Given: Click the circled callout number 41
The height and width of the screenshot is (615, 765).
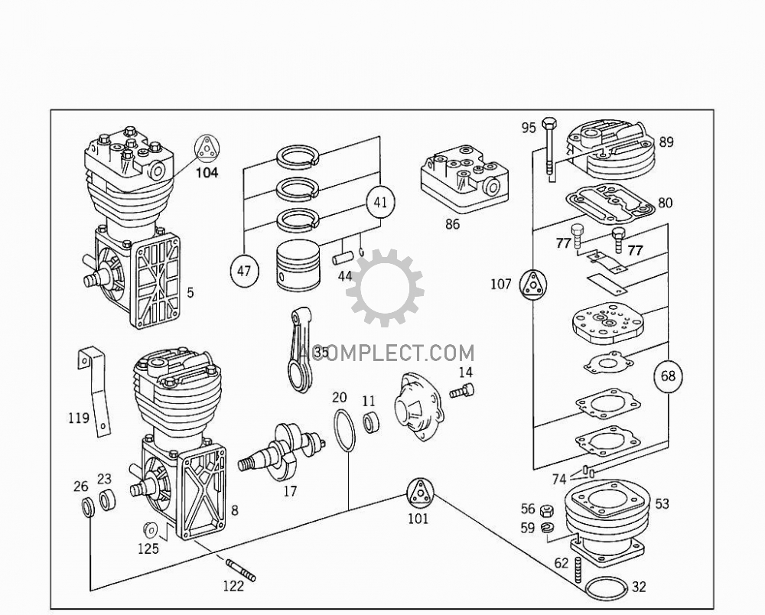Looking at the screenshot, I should click(x=380, y=203).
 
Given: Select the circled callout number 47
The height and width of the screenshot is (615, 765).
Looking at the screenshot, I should click(x=243, y=271).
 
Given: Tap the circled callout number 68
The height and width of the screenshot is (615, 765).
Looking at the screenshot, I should click(x=669, y=376).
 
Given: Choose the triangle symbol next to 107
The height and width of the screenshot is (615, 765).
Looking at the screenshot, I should click(x=534, y=285).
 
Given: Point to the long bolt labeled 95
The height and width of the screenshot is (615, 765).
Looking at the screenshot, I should click(x=549, y=153).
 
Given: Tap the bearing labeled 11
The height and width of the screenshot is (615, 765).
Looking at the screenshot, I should click(x=373, y=422).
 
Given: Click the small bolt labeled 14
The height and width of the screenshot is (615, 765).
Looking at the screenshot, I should click(x=461, y=392).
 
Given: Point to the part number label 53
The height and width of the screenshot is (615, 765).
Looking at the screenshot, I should click(x=662, y=503).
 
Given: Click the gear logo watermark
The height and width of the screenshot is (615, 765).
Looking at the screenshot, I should click(x=386, y=288).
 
